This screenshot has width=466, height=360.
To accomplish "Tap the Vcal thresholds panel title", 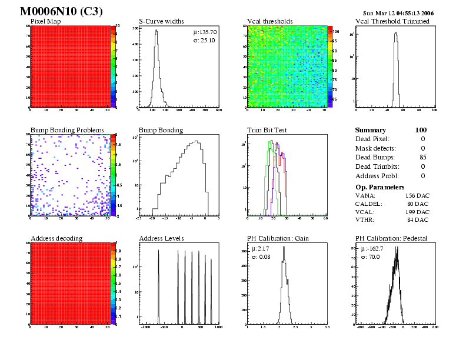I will tap(270, 22).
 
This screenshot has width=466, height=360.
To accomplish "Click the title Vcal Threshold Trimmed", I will tap(392, 22).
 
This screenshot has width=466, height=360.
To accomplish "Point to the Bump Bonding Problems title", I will tap(67, 130).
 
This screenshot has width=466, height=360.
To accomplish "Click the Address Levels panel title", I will tap(161, 238).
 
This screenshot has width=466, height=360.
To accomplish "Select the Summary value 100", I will tap(420, 130).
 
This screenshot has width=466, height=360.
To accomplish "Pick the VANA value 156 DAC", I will tap(417, 195).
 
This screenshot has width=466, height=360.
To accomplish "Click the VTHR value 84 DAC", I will tap(418, 220).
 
